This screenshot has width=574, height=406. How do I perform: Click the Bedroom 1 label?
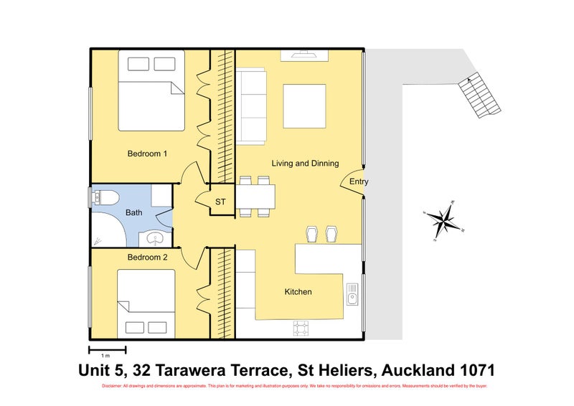click(x=147, y=154)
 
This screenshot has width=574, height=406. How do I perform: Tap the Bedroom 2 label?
click(x=147, y=257)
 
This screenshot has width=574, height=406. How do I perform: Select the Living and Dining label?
click(x=305, y=164)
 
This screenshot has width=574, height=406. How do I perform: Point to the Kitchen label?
click(x=298, y=292)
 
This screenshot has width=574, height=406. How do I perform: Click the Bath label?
click(x=133, y=212)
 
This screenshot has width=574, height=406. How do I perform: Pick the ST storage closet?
click(x=220, y=202)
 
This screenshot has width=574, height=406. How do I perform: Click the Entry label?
click(x=359, y=182)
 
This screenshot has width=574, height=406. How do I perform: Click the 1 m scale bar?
click(x=107, y=350)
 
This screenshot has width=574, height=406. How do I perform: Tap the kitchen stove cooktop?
click(x=301, y=329)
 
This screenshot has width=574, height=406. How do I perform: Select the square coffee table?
click(x=305, y=105)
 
